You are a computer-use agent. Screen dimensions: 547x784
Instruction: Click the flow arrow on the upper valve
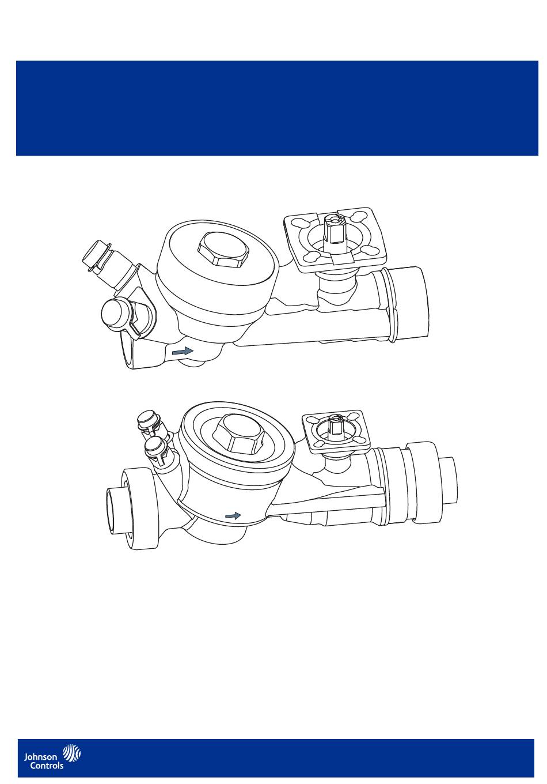[x=183, y=350]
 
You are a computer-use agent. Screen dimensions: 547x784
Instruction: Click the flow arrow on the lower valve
[x=233, y=515]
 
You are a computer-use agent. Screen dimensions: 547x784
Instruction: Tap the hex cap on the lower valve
[x=240, y=433]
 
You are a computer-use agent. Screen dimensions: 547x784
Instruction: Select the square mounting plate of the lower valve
[x=336, y=431]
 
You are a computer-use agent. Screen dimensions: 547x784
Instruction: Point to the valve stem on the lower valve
[x=336, y=424]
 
